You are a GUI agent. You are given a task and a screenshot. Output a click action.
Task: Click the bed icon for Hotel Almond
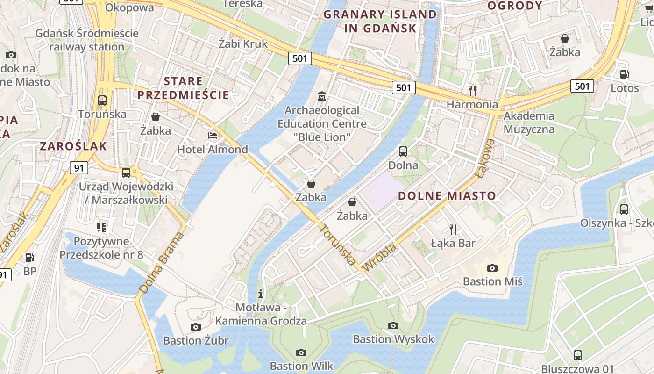[x=213, y=136]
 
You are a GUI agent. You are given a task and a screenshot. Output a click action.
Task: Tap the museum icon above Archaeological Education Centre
[x=322, y=97]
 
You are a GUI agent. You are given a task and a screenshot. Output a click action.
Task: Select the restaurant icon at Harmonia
[x=472, y=90]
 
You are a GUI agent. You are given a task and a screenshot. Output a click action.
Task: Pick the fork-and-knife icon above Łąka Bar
[x=453, y=229]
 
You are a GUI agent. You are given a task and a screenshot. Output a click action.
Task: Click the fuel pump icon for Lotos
[x=624, y=74]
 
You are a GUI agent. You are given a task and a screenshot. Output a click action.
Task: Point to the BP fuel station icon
[x=29, y=257]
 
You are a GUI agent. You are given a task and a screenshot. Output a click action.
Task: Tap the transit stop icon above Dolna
[x=403, y=151]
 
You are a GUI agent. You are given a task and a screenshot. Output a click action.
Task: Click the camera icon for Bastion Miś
[x=492, y=268]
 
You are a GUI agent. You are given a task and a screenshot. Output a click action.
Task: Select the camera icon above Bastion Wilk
[x=301, y=352]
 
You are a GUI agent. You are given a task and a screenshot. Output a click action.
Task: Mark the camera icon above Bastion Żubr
[x=196, y=327]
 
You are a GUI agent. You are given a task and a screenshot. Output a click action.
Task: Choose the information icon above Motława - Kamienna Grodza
[x=261, y=294]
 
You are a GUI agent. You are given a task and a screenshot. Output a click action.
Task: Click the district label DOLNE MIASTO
[x=447, y=196]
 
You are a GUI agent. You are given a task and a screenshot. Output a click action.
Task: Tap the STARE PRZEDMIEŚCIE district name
[x=183, y=88]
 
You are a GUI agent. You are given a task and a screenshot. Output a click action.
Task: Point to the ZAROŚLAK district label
[x=73, y=146]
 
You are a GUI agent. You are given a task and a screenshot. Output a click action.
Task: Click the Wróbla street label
[x=380, y=257]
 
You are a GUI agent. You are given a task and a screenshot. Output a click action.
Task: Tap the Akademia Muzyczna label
[x=529, y=122]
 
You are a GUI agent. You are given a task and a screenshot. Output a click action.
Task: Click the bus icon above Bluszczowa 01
[x=578, y=355]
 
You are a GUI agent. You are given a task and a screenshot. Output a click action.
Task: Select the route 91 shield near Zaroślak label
[x=79, y=168]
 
